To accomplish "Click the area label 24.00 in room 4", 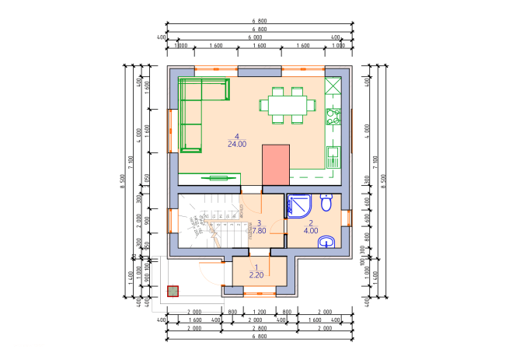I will click(237, 144).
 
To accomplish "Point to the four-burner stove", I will click(333, 117).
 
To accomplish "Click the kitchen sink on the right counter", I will click(333, 156).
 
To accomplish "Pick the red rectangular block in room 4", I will click(275, 164).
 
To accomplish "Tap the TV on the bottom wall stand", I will click(217, 178).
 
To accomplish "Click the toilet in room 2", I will click(327, 203).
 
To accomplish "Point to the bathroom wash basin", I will click(327, 242).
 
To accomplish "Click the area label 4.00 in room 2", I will click(311, 230).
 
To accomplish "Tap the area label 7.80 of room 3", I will click(259, 230).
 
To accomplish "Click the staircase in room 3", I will click(214, 222).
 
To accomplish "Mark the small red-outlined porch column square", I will click(173, 292).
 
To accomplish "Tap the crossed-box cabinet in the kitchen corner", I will click(333, 85).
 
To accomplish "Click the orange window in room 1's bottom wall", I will click(259, 294).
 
